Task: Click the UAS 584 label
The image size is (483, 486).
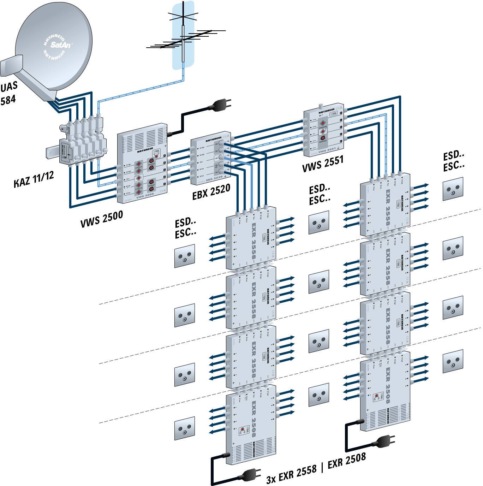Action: point(8,94)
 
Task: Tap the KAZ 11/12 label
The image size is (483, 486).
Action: point(34,179)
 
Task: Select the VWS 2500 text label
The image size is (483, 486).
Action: point(102,219)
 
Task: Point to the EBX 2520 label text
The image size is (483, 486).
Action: point(211,192)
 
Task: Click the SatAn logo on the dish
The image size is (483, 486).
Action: point(55,45)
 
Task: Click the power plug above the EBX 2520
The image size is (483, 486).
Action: point(221,104)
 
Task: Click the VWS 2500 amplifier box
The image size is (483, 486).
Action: point(141,162)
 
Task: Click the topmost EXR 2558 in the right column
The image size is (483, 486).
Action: point(385,205)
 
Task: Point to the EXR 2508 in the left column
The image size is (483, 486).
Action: point(251,424)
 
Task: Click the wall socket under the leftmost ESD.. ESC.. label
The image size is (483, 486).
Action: point(184,256)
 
